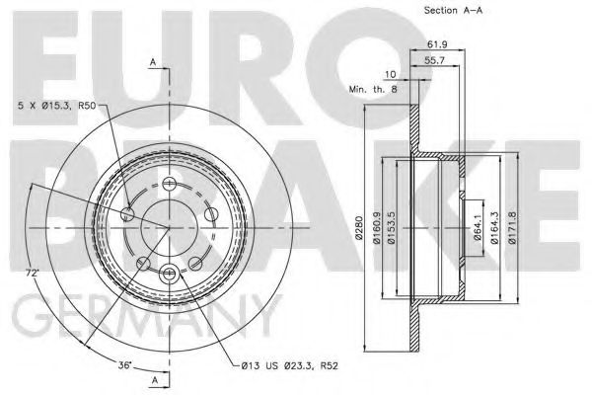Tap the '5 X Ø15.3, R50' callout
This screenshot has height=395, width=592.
click(x=57, y=104)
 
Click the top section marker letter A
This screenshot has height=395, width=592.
click(x=154, y=62)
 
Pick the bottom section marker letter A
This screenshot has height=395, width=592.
click(x=154, y=378)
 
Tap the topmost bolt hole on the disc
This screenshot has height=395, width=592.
click(x=170, y=185)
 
